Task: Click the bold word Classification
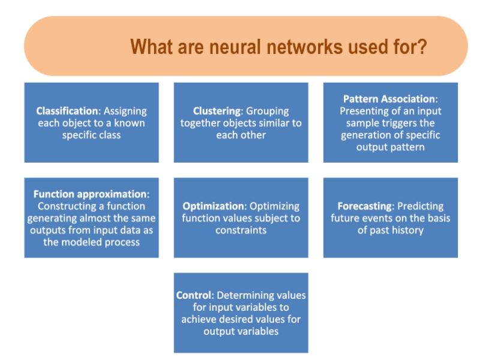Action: point(67,111)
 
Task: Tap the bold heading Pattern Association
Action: point(390,99)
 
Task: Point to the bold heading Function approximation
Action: point(90,194)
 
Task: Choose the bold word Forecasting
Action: point(362,206)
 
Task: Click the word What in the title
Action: point(149,47)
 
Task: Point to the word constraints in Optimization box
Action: point(241,230)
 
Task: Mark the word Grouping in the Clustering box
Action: point(267,111)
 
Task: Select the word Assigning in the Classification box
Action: point(125,111)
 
